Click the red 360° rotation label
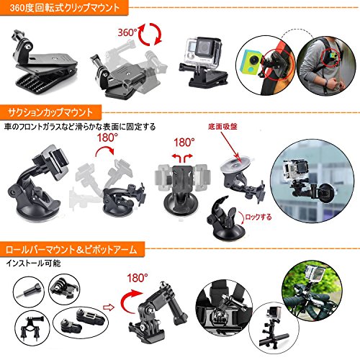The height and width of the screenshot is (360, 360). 127,32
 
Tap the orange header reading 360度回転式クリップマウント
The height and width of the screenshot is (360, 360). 64,8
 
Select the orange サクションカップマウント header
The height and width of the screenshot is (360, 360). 50,112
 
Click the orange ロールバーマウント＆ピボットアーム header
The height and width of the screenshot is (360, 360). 72,250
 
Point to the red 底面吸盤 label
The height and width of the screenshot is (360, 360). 222,127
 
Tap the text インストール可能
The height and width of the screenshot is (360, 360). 33,264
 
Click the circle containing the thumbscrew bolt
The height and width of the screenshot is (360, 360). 29,292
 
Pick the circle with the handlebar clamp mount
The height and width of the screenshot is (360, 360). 33,328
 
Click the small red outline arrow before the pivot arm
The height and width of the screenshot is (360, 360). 109,307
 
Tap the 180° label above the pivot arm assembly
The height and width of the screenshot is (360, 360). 138,278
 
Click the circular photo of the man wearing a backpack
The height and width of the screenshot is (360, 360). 326,66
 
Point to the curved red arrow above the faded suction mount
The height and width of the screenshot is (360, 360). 105,150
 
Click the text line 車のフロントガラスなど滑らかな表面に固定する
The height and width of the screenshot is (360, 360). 80,127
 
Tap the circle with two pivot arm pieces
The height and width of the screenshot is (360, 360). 81,323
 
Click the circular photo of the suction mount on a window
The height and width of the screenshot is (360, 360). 312,181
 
